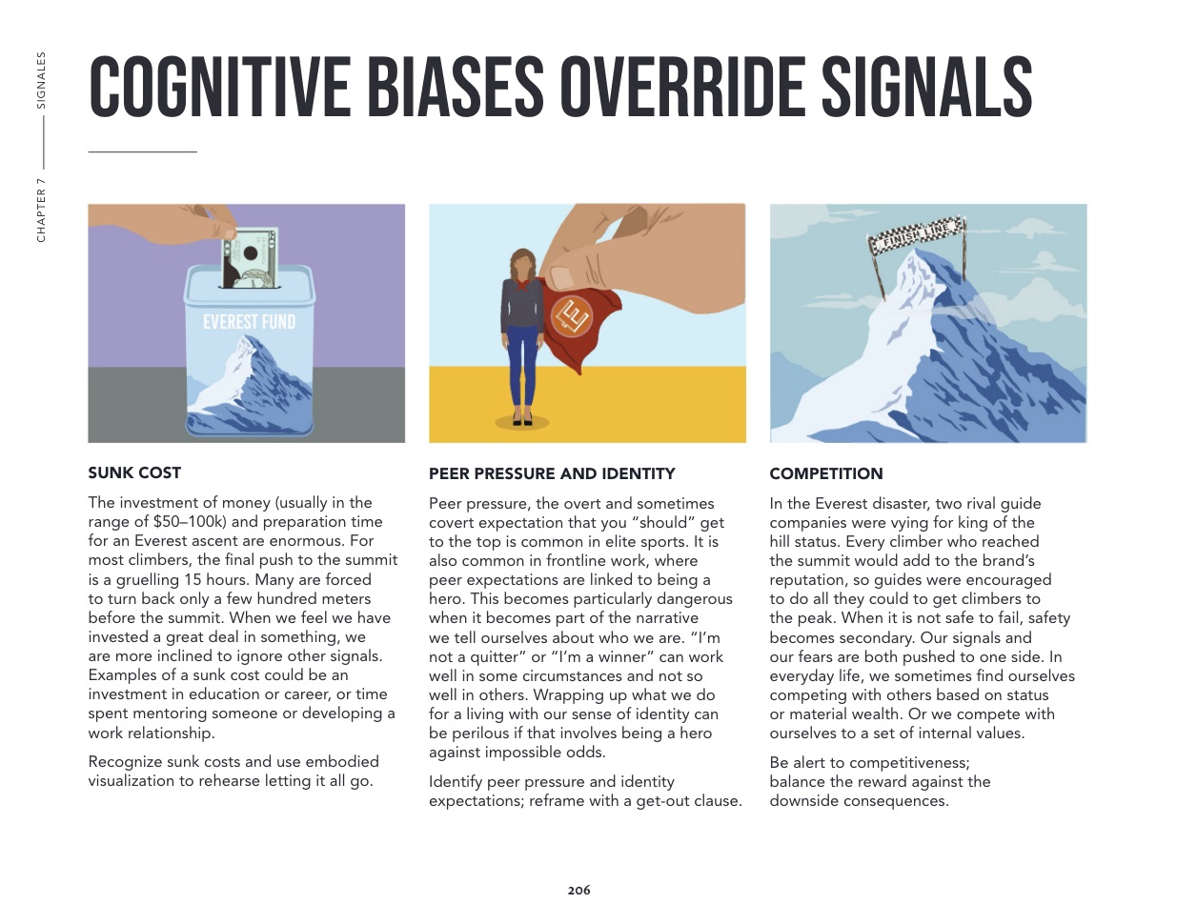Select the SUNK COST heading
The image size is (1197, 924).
134,472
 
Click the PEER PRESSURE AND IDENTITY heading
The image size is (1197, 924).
552,473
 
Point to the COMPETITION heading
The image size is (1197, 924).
826,473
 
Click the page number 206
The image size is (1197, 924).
578,891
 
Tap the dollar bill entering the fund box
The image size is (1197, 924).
250,257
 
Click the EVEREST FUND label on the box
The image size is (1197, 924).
249,322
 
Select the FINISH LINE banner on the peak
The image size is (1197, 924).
917,234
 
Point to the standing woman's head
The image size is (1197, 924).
522,261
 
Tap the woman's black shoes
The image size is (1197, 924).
521,419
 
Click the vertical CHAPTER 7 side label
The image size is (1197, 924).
41,210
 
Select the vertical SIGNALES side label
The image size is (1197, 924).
41,80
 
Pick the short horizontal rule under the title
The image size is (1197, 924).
142,151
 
